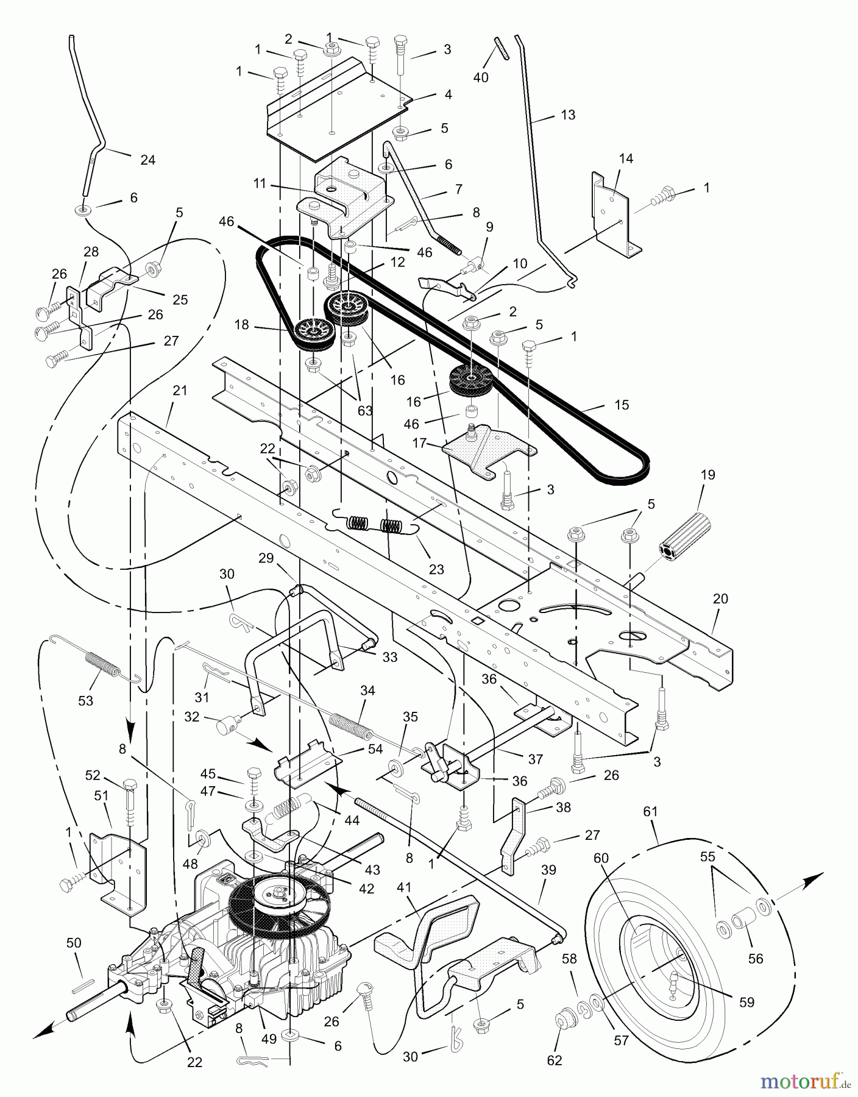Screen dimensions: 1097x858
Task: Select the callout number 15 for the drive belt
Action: pyautogui.click(x=622, y=405)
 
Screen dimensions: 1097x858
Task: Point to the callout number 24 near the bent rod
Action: pyautogui.click(x=147, y=160)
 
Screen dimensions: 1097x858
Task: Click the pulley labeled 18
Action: pyautogui.click(x=311, y=334)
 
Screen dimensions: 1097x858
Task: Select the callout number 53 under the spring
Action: pyautogui.click(x=85, y=701)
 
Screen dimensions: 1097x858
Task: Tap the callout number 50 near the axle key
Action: pyautogui.click(x=74, y=943)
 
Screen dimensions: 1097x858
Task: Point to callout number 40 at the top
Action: pyautogui.click(x=481, y=77)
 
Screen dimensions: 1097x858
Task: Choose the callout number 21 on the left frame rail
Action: pyautogui.click(x=179, y=390)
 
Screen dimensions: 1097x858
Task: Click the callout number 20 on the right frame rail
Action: pyautogui.click(x=720, y=598)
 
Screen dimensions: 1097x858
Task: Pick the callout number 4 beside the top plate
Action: pyautogui.click(x=448, y=94)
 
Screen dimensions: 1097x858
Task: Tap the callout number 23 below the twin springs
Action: pyautogui.click(x=436, y=570)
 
